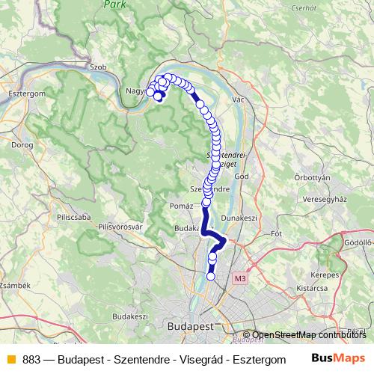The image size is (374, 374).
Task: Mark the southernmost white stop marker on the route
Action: [x=210, y=276]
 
